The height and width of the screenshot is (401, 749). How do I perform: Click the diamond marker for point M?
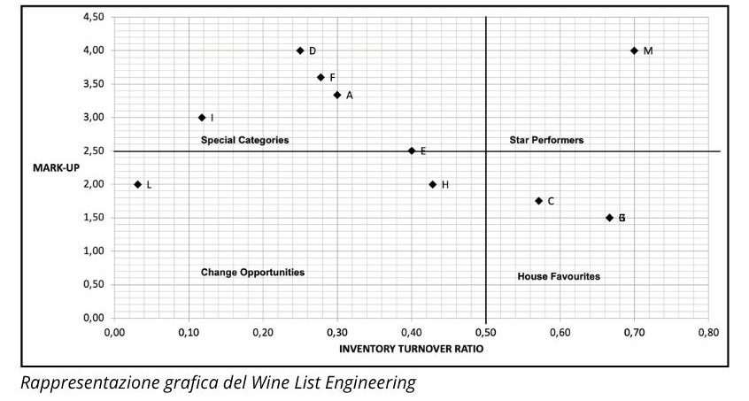634,50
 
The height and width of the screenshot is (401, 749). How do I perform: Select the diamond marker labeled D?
300,50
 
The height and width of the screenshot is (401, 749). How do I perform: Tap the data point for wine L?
138,184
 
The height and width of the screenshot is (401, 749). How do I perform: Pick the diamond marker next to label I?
202,118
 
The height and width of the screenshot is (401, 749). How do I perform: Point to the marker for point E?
412,150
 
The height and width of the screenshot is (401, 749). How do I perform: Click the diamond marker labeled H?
433,184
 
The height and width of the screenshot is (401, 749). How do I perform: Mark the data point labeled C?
539,201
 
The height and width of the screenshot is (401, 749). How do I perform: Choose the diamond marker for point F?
321,77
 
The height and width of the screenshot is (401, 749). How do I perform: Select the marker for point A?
337,95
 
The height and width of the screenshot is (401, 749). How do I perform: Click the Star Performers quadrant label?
546,140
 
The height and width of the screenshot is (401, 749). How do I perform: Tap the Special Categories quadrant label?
244,140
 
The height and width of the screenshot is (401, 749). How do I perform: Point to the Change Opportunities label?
252,272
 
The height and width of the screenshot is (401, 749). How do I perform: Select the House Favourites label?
559,276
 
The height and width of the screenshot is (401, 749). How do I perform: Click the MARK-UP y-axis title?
56,167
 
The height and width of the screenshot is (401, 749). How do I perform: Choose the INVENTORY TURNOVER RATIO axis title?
412,349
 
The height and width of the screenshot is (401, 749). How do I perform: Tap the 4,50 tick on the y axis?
94,17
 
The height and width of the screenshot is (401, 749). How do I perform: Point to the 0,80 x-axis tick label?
708,333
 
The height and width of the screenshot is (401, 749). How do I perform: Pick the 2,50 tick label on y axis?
94,150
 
